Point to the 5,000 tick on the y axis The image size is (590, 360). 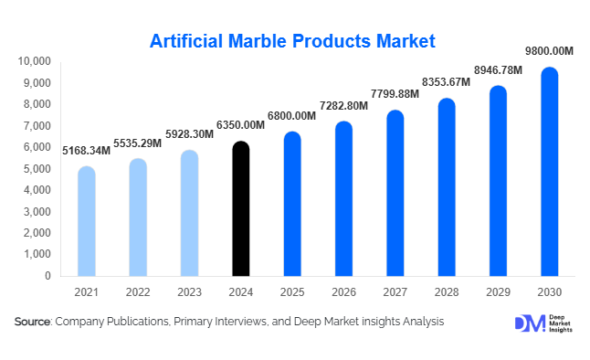(38, 168)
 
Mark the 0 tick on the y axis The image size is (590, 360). (47, 275)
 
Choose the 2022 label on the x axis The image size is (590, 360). (138, 291)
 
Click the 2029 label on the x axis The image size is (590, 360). (498, 291)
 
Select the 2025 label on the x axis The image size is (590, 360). (292, 291)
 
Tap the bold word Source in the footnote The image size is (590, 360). (31, 322)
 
